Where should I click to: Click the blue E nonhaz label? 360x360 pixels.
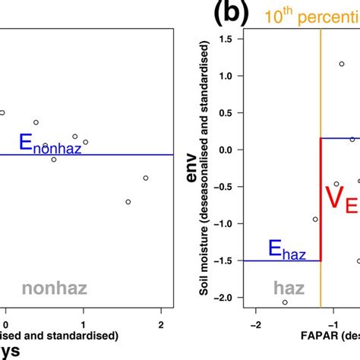(49, 144)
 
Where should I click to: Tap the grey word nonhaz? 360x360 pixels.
(54, 288)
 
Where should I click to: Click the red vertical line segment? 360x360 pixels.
(321, 199)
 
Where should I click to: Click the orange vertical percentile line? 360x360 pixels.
(321, 91)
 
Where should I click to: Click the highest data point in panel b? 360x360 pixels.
(342, 64)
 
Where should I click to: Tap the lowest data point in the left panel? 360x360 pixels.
(128, 202)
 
